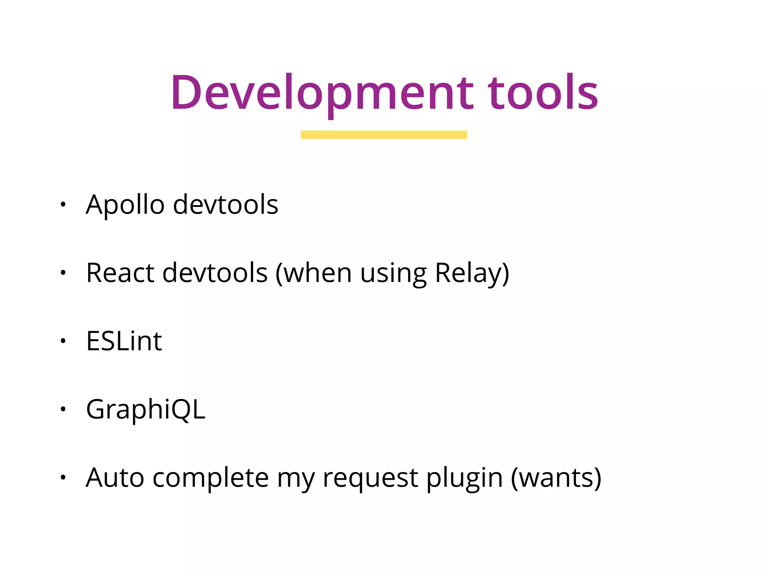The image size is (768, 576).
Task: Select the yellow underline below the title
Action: point(384,135)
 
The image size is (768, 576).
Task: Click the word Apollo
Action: point(125,205)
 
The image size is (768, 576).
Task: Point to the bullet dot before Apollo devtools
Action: point(63,204)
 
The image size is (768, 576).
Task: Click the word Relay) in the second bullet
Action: point(472,273)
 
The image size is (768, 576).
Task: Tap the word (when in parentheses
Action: point(313,273)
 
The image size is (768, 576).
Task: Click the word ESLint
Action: point(124,341)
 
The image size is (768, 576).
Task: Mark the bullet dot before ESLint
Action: point(63,341)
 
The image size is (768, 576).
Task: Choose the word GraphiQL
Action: point(145,409)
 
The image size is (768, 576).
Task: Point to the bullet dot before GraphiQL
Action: point(63,409)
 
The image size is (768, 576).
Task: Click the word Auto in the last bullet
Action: point(115,478)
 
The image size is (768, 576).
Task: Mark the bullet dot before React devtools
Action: point(63,273)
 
